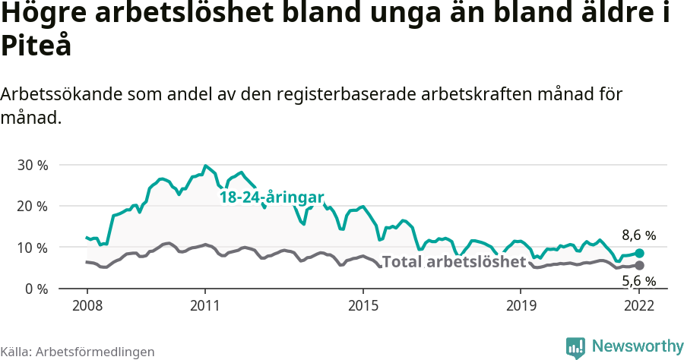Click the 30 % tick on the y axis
32,165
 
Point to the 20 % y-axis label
32,206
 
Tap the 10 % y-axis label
32,248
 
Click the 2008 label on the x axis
87,305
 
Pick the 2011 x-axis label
205,305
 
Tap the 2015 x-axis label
363,305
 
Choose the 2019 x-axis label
521,305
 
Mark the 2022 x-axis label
639,305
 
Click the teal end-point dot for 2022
639,253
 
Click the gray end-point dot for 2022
639,265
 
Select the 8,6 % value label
638,235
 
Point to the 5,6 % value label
638,281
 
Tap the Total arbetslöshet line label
454,262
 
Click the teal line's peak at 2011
205,166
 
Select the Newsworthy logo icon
575,347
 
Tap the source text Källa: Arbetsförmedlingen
78,352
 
